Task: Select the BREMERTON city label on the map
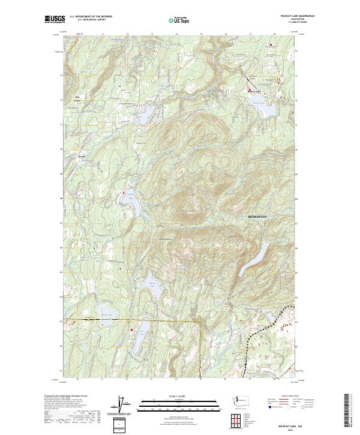click(x=260, y=215)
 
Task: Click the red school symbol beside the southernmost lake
click(x=131, y=329)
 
